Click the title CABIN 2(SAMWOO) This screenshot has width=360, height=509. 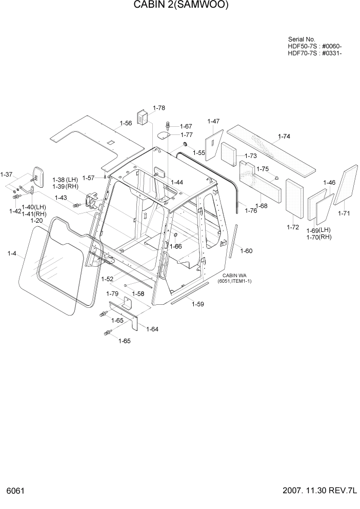(x=181, y=6)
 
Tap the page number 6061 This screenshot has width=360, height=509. (x=15, y=491)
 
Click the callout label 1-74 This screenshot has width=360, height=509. (x=284, y=137)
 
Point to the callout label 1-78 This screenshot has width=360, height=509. (x=159, y=108)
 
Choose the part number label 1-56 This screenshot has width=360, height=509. (x=126, y=123)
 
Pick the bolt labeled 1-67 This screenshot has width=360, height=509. (x=168, y=126)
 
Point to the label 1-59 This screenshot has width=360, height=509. (x=197, y=304)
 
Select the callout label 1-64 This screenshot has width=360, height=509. (x=152, y=329)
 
